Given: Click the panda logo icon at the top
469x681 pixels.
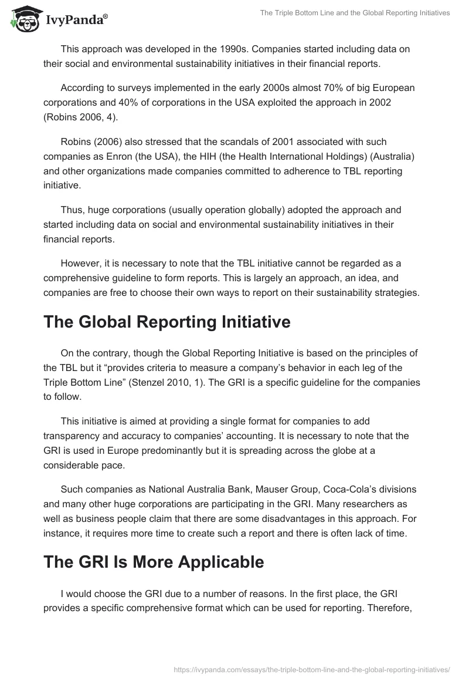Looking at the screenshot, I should [22, 19].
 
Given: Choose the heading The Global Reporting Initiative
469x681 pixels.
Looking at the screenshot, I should [166, 322].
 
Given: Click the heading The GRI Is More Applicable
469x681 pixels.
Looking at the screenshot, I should [154, 562].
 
